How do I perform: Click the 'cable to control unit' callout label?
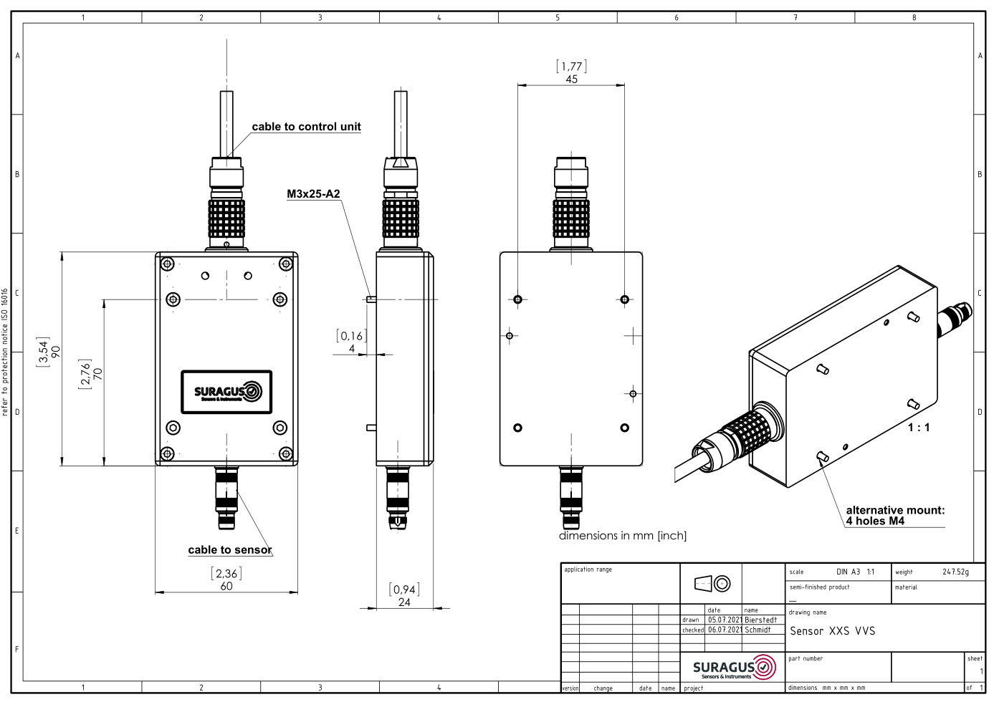306,127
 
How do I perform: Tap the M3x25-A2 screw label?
313,194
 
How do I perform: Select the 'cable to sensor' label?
230,550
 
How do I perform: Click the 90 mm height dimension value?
56,352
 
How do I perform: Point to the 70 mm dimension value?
98,374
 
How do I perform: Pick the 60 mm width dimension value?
226,586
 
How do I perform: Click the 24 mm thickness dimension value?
404,602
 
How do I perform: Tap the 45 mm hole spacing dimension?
572,80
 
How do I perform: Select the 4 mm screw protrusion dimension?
352,349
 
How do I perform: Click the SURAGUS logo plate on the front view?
226,392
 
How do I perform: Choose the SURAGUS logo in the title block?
734,668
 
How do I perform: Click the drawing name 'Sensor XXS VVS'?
833,631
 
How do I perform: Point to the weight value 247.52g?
956,572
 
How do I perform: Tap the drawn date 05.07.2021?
725,620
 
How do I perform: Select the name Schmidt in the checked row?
758,630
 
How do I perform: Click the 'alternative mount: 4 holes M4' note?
896,516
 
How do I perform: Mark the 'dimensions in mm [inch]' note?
623,536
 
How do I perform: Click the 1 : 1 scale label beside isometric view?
919,428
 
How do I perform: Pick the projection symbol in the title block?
712,584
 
